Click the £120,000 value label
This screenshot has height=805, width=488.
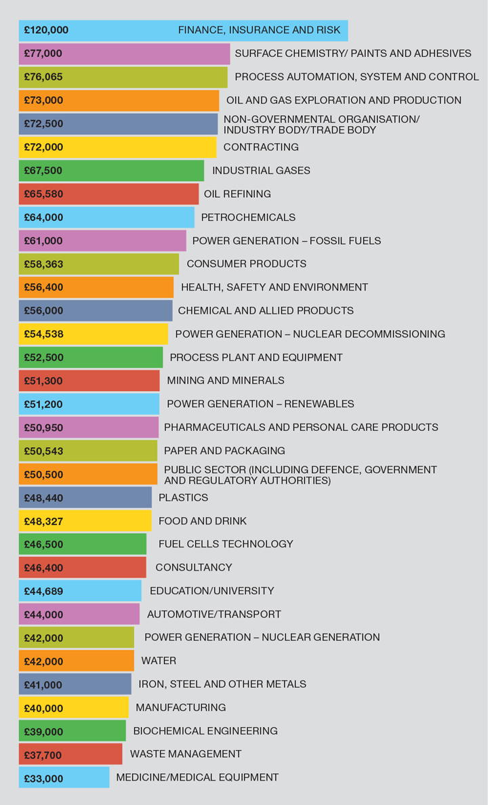pos(46,30)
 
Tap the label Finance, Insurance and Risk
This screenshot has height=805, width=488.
pos(250,30)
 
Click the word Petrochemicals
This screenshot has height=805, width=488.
pos(248,218)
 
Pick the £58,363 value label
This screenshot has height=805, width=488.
pos(43,264)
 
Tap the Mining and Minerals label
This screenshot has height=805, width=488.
pos(226,381)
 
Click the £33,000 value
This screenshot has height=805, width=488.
pos(43,779)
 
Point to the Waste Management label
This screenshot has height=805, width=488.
pos(186,754)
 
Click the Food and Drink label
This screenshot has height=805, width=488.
pos(203,521)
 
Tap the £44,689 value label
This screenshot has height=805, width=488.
pos(43,592)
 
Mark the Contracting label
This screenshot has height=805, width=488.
pos(261,147)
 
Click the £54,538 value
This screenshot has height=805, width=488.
pos(43,334)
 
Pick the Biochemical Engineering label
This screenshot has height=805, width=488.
pos(205,731)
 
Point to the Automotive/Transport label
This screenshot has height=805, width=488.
pos(214,615)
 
